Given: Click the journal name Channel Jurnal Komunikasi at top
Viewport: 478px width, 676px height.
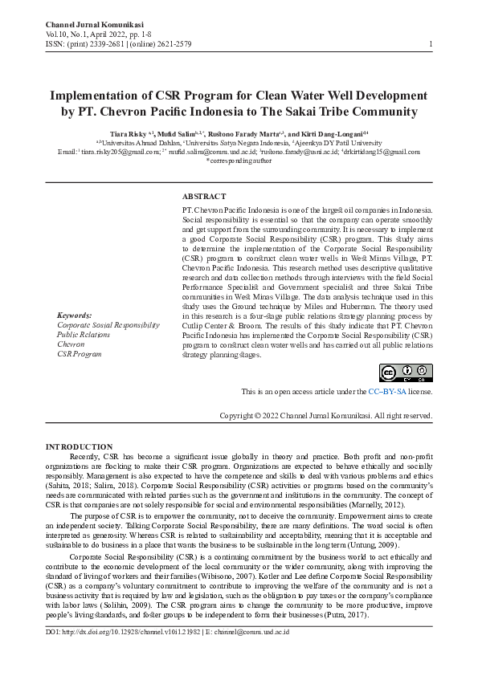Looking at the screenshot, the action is (x=88, y=26).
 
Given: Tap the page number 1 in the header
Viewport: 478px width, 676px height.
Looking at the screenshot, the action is (x=431, y=43).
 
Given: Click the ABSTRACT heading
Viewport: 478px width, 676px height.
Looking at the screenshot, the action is (x=204, y=196).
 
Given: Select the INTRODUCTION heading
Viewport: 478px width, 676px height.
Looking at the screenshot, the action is (x=79, y=446).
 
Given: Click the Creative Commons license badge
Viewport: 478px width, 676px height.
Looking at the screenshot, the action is (x=407, y=373).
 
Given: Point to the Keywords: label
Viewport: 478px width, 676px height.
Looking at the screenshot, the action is (x=74, y=315).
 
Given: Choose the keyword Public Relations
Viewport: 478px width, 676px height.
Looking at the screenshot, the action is (x=83, y=334).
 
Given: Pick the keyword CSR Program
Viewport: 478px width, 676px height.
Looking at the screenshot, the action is (x=79, y=353).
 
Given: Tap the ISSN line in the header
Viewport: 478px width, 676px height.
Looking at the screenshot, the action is (x=119, y=44).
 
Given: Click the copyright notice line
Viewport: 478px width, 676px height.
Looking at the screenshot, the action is (x=326, y=416).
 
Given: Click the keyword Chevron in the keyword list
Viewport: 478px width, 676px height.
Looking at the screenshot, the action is (x=71, y=344).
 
